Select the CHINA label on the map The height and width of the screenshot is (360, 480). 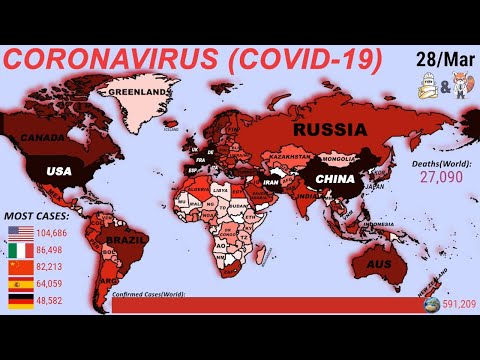pyautogui.click(x=335, y=179)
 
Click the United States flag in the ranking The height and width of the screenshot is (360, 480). pyautogui.click(x=20, y=232)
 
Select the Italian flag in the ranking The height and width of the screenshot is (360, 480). pyautogui.click(x=20, y=249)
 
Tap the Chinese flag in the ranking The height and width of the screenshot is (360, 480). pyautogui.click(x=20, y=267)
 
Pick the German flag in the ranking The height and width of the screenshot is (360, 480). pyautogui.click(x=20, y=300)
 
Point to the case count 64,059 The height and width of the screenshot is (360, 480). pyautogui.click(x=58, y=283)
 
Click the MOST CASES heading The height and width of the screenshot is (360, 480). pyautogui.click(x=37, y=215)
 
